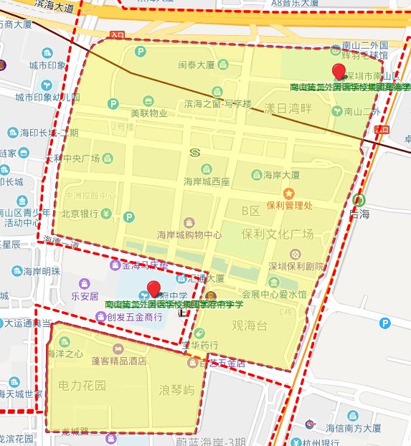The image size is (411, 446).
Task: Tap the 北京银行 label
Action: (79, 214)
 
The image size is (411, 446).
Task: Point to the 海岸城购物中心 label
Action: (189, 234)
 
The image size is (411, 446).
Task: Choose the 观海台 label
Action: (249, 326)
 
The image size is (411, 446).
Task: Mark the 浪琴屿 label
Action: (176, 391)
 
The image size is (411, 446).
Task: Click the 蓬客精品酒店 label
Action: (119, 361)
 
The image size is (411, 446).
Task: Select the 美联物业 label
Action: (148, 113)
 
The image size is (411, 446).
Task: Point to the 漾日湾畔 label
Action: (288, 108)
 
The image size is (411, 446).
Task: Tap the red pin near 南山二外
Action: (339, 71)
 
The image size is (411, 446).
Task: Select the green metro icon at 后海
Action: (358, 201)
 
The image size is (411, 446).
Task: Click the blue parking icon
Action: (385, 323)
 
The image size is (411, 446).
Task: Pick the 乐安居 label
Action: (85, 295)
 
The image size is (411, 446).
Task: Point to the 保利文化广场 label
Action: (278, 234)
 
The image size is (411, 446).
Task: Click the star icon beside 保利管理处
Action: (288, 193)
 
